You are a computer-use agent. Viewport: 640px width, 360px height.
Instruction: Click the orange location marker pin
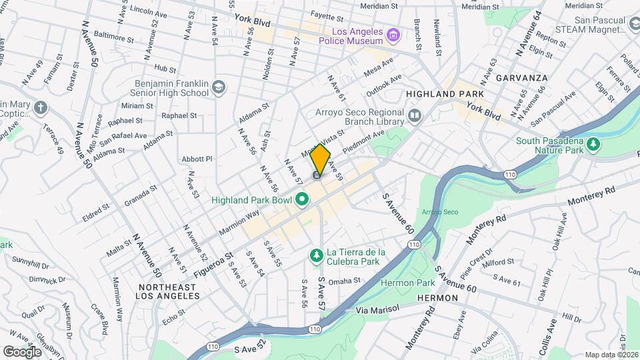[321, 159]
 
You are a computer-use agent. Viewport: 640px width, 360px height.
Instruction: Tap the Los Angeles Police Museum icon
[394, 34]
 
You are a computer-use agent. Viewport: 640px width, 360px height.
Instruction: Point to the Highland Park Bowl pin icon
[301, 199]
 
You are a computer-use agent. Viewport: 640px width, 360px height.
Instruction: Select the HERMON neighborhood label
[437, 297]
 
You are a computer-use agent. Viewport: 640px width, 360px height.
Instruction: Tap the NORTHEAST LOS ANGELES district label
[167, 292]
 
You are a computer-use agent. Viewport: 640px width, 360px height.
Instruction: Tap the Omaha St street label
[343, 281]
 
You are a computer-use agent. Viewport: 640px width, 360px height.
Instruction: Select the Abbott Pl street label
[197, 159]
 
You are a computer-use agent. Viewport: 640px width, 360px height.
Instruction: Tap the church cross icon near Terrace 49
[41, 107]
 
